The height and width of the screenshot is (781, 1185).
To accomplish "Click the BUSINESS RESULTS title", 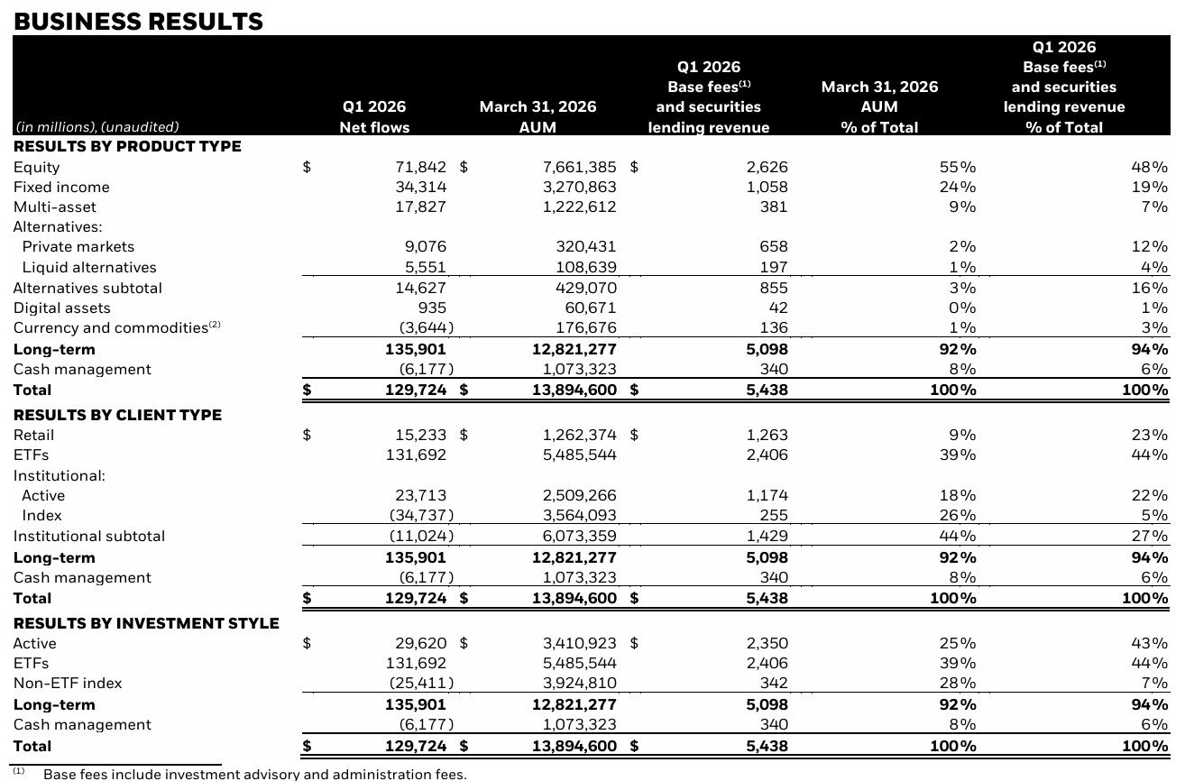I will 138,22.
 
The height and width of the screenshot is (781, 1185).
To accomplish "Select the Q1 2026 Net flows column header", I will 374,117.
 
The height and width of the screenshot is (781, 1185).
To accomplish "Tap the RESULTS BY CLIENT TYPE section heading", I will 117,415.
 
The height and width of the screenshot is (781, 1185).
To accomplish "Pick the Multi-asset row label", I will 55,207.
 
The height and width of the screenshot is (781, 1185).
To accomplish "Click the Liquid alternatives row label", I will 89,267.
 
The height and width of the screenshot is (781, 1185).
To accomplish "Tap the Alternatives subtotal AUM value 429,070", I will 585,288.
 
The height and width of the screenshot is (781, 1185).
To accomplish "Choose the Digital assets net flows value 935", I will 428,308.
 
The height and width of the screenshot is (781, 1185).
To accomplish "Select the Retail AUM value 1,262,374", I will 579,435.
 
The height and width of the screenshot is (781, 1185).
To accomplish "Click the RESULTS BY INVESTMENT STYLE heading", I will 146,623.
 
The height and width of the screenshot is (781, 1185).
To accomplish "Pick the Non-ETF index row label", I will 68,683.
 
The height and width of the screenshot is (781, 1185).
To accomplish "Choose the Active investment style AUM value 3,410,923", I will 579,643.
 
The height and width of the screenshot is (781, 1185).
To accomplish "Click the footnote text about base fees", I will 255,774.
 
